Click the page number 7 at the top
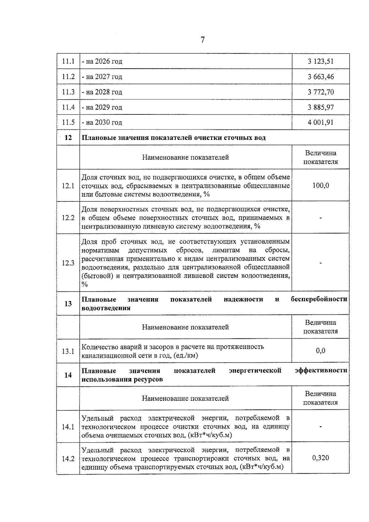pos(202,40)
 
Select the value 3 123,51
pos(320,61)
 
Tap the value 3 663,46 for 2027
pos(320,77)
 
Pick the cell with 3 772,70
pos(320,92)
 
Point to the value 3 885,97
pos(320,107)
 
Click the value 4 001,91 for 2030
pos(320,122)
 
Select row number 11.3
pos(68,92)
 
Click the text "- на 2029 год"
pos(102,107)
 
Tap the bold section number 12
pos(68,137)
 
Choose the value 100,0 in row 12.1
pos(320,185)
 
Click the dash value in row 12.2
pos(320,218)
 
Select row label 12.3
pos(68,263)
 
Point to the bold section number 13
pos(68,304)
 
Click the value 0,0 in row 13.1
pos(320,351)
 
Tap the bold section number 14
pos(68,375)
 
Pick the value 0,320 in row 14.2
pos(320,458)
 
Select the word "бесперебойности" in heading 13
pos(319,299)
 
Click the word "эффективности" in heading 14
pos(321,370)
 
